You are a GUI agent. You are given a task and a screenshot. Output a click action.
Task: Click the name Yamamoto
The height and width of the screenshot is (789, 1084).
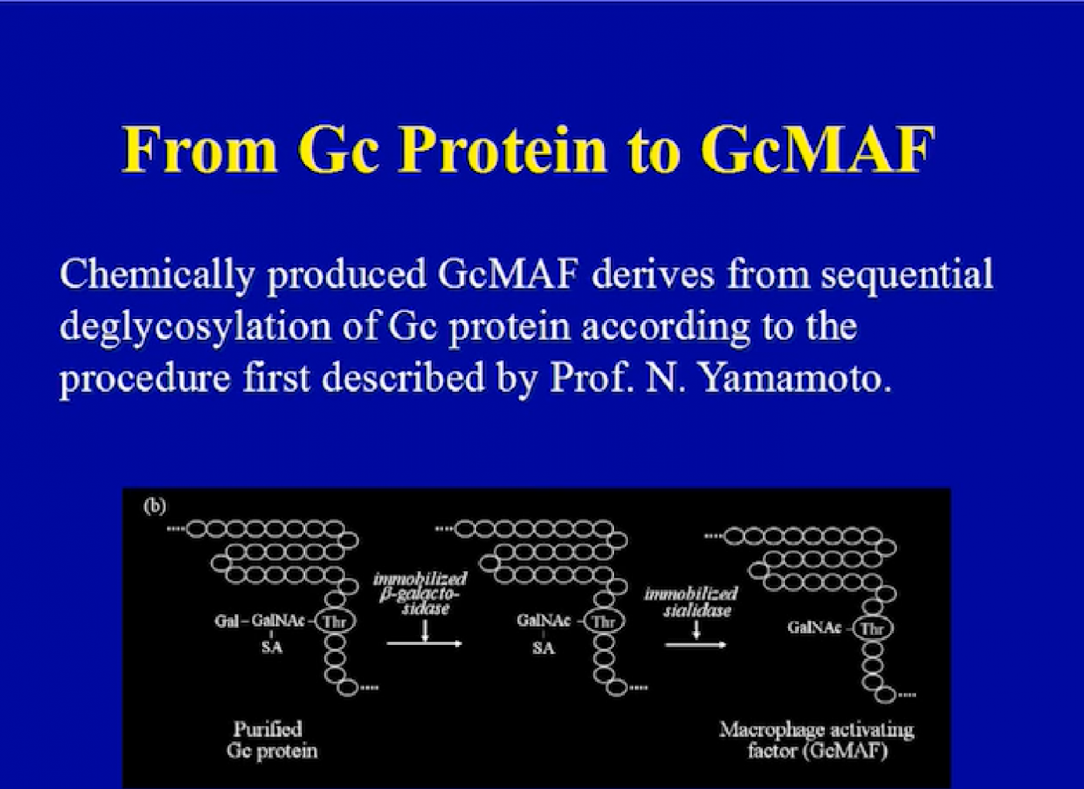click(x=795, y=378)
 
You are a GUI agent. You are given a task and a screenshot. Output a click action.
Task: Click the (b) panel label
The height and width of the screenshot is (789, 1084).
click(x=155, y=505)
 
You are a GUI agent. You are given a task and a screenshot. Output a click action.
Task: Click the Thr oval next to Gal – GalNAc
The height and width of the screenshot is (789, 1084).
click(x=335, y=621)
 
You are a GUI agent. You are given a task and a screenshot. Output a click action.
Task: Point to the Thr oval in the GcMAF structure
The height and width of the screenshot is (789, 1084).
click(x=873, y=628)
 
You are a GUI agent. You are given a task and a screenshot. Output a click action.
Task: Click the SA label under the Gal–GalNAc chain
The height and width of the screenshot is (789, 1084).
click(x=271, y=647)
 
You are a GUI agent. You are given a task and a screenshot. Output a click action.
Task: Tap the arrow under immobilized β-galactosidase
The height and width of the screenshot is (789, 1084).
click(x=425, y=643)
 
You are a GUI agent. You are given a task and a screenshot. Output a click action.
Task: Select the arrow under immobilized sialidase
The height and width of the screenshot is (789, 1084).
click(x=696, y=645)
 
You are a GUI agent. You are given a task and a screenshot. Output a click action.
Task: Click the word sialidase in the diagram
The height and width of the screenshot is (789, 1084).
click(x=696, y=611)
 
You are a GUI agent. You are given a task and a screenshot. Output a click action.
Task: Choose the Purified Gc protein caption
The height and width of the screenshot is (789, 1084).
click(x=271, y=740)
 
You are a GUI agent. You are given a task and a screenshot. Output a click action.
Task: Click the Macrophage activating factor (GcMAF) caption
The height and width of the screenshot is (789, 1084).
click(x=817, y=740)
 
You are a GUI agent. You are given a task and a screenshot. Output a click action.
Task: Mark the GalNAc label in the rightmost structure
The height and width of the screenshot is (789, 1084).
click(x=814, y=628)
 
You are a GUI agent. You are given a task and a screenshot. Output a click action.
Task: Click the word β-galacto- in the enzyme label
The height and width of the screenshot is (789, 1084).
click(x=419, y=593)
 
